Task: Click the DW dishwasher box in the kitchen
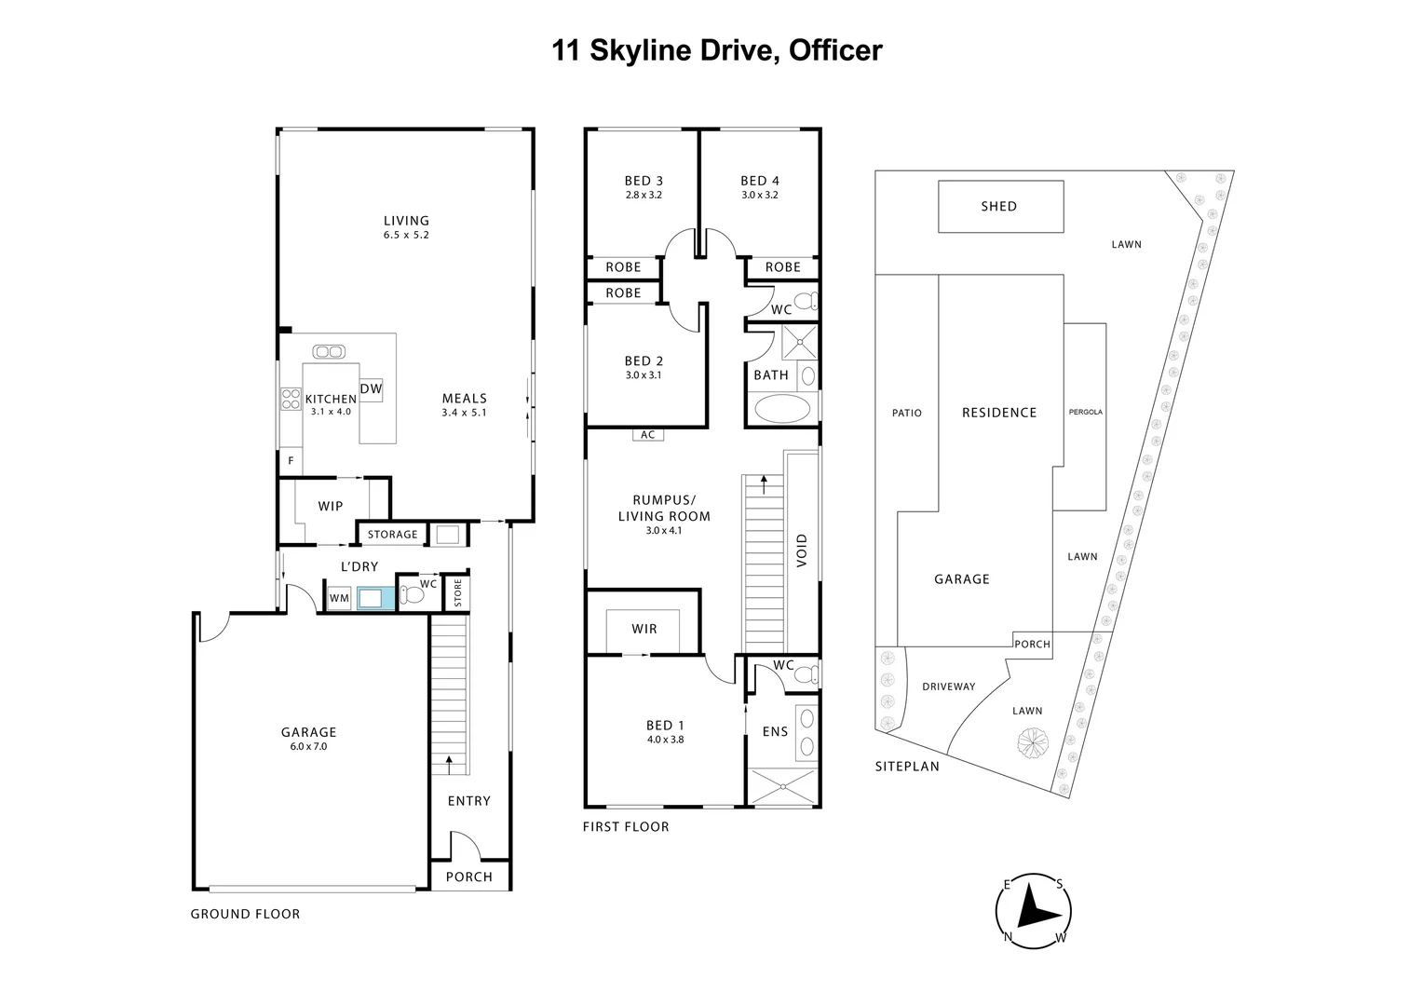[x=371, y=389]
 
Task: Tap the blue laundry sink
[x=371, y=598]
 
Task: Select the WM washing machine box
[x=339, y=598]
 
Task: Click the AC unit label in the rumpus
[x=648, y=435]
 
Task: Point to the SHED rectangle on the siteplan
[x=1000, y=207]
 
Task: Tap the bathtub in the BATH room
[x=782, y=409]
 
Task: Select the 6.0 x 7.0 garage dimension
[x=309, y=746]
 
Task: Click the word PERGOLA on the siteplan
[x=1086, y=412]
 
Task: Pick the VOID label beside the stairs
[x=802, y=551]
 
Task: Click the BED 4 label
[x=760, y=181]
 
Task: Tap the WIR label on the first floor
[x=644, y=629]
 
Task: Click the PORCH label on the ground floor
[x=469, y=877]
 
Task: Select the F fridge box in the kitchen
[x=291, y=461]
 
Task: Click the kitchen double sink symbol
[x=329, y=351]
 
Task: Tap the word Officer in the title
[x=835, y=50]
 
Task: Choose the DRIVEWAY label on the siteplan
[x=949, y=687]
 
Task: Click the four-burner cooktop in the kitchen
[x=291, y=399]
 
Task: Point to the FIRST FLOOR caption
[x=626, y=827]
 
